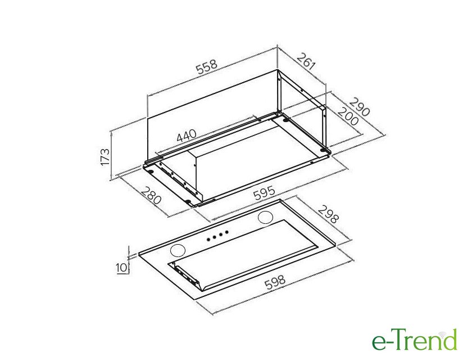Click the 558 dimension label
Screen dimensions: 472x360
207,67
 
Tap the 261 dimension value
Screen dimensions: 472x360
306,61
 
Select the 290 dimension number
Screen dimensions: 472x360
359,107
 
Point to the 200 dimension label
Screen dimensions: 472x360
348,116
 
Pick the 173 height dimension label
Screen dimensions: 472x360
105,156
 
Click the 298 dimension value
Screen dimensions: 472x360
329,214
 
